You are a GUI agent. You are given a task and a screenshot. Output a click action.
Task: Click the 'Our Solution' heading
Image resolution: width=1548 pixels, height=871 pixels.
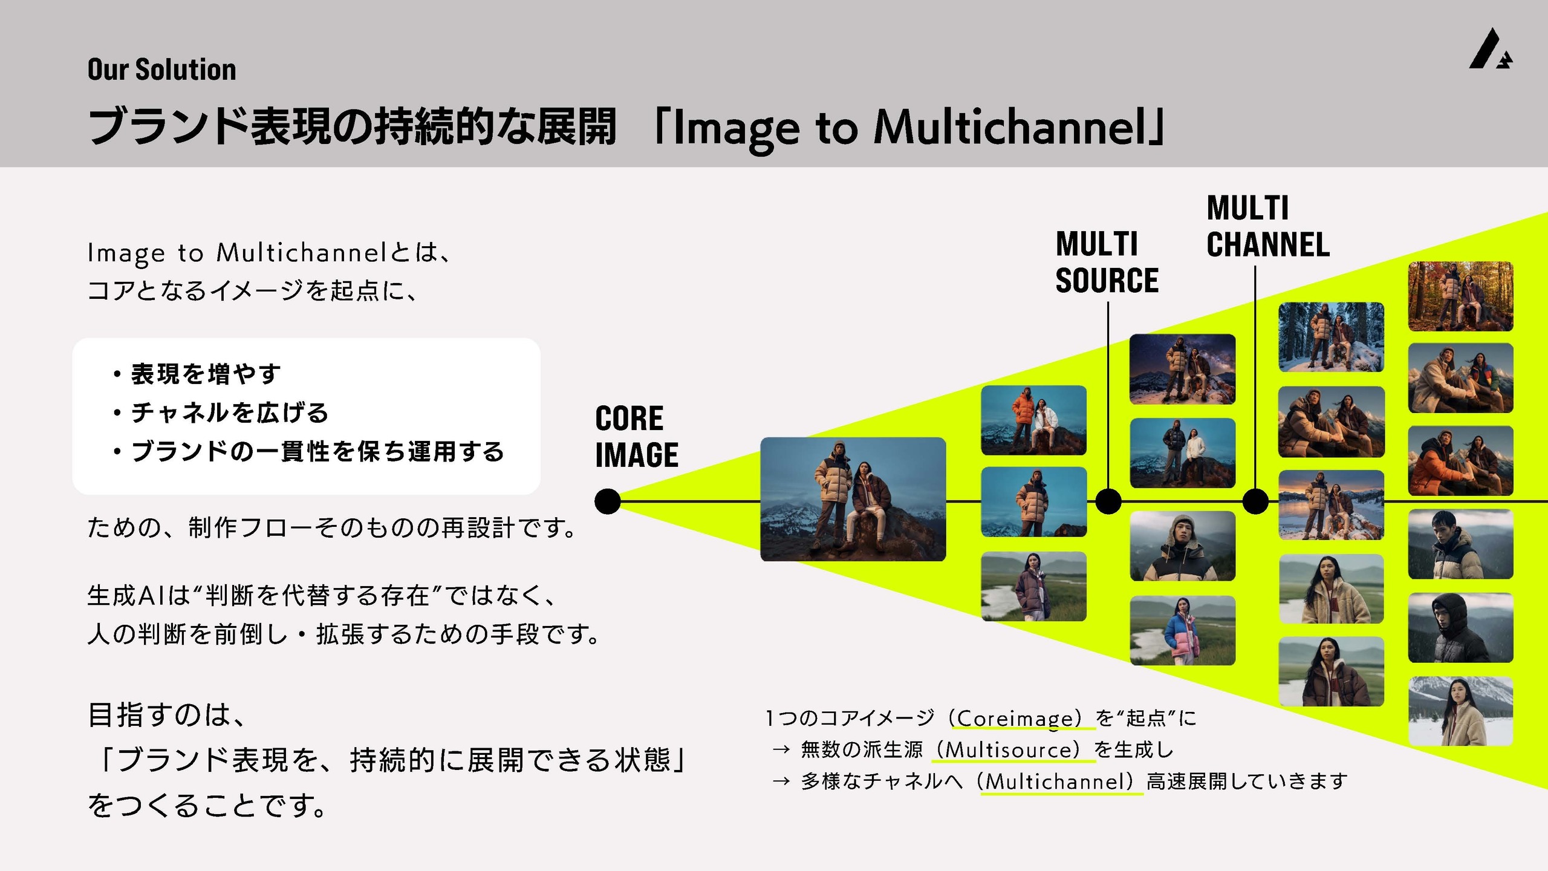[x=161, y=70]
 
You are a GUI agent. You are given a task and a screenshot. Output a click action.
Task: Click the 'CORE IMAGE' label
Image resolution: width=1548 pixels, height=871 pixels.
[x=636, y=437]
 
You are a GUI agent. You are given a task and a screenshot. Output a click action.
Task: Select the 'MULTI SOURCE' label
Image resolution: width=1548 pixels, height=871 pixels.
[x=1107, y=263]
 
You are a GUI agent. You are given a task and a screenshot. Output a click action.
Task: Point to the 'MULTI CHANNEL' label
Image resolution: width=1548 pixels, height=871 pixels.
[x=1268, y=227]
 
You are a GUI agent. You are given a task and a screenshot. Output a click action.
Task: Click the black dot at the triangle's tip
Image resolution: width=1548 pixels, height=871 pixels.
[x=607, y=501]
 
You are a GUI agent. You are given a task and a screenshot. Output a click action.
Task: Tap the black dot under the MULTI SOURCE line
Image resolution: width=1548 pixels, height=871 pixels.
[x=1108, y=501]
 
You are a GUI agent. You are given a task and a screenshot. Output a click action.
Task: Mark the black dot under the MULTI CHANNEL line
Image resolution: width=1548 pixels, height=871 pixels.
[x=1255, y=501]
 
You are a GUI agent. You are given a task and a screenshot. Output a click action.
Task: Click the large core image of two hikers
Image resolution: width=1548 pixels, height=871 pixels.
[x=853, y=500]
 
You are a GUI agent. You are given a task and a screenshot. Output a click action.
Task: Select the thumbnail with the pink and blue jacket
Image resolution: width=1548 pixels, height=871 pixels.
[x=1182, y=630]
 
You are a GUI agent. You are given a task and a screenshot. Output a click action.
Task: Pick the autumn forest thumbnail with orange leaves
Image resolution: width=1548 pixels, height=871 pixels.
[x=1460, y=296]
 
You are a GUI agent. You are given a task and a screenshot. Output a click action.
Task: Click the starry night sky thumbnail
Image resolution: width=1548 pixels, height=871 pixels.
[x=1182, y=369]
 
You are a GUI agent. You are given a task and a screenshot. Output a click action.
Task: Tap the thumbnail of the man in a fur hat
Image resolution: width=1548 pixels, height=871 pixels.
[x=1182, y=546]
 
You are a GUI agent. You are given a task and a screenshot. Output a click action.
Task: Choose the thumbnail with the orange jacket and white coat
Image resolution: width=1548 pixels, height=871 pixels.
[x=1033, y=420]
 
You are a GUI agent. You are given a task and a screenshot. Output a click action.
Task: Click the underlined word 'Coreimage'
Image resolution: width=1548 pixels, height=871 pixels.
[x=1019, y=719]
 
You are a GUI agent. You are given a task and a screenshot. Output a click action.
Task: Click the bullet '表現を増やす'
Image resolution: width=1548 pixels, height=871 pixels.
[x=206, y=374]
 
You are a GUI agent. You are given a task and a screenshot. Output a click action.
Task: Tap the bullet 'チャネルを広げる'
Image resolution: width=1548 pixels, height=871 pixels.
[x=230, y=413]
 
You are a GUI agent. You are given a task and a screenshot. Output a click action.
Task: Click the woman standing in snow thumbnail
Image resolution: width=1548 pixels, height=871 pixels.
[x=1460, y=711]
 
